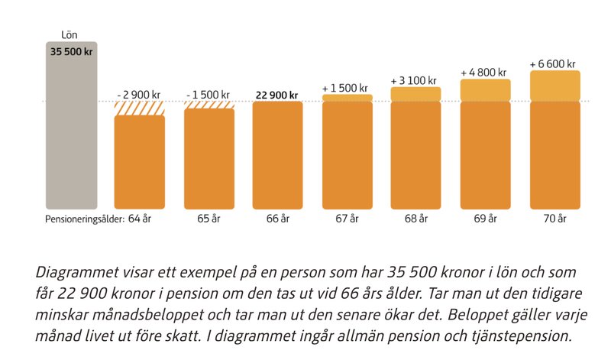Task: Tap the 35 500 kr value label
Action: (x=71, y=51)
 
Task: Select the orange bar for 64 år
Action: (x=140, y=162)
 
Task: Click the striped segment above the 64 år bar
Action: (x=140, y=108)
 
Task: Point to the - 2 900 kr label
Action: (x=139, y=95)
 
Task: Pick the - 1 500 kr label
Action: (x=209, y=95)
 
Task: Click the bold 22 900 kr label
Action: (x=277, y=95)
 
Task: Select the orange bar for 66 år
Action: (x=277, y=155)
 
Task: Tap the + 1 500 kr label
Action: (x=347, y=88)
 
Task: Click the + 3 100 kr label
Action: (x=414, y=80)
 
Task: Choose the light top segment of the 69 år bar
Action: (x=485, y=90)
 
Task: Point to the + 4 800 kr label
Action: (x=484, y=73)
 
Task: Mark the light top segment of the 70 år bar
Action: (x=555, y=86)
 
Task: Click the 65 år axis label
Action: (x=209, y=219)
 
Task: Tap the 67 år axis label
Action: (x=348, y=219)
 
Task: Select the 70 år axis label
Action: (x=555, y=219)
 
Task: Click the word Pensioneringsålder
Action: (x=80, y=219)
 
